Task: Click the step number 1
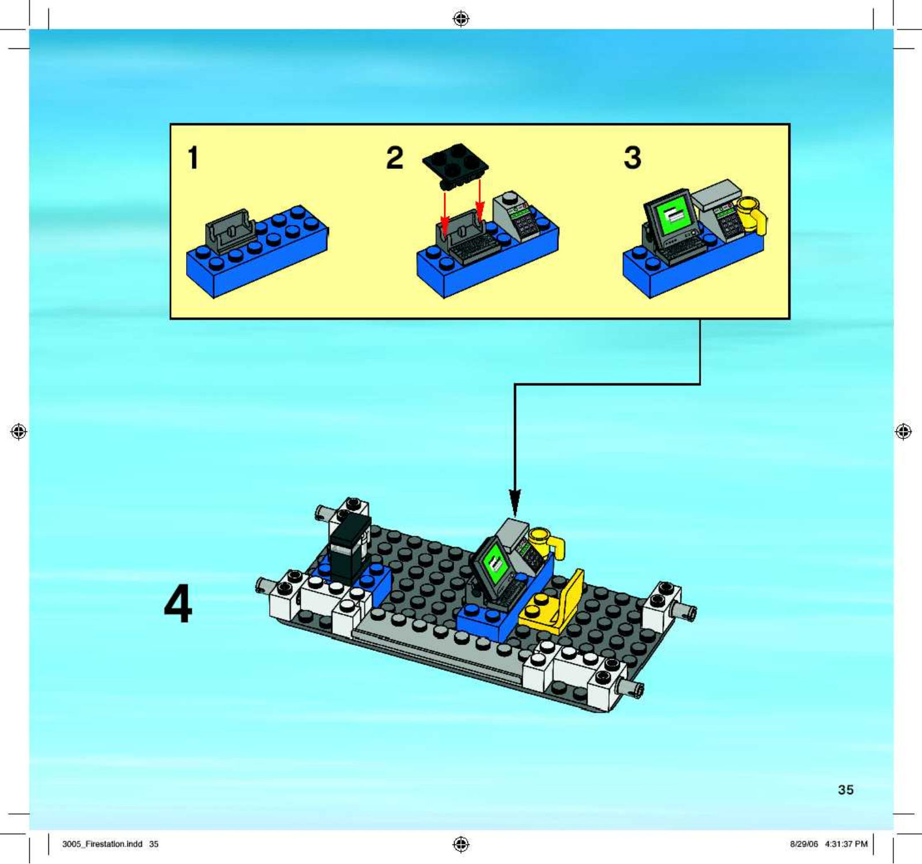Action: [193, 158]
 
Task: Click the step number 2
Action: [395, 158]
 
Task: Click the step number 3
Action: [632, 158]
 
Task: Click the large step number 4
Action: [178, 604]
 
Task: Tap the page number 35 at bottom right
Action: [845, 790]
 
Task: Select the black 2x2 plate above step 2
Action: [455, 166]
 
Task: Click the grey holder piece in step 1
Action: [231, 230]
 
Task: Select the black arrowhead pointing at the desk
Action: [515, 502]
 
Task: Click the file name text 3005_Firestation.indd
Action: [102, 844]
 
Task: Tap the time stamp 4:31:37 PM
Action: [846, 844]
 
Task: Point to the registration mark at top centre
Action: [461, 19]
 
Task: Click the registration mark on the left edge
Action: [19, 431]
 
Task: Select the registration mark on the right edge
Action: [903, 431]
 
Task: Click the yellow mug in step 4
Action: [546, 542]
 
